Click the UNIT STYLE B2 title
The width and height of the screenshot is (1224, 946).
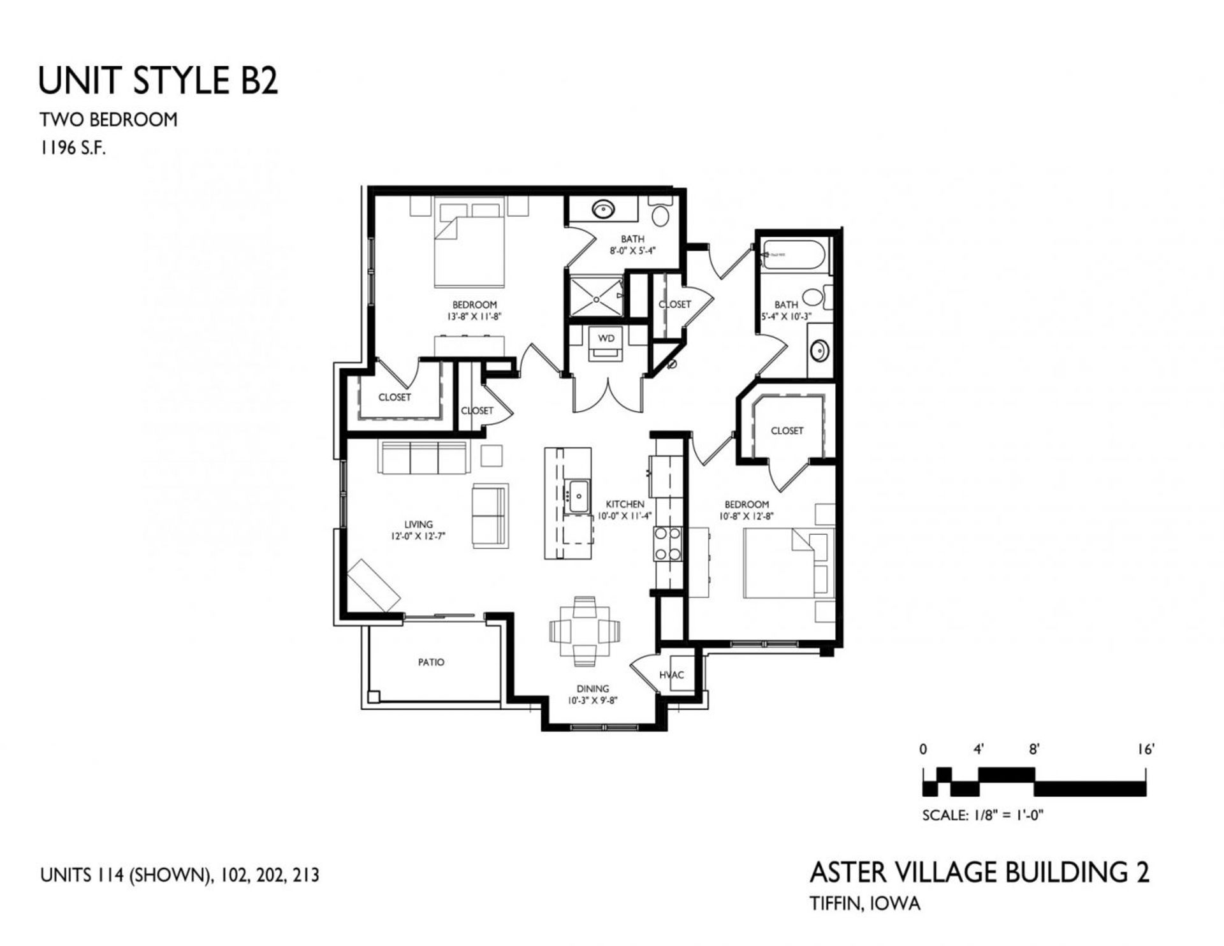pyautogui.click(x=158, y=81)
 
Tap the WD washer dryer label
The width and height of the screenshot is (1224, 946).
pyautogui.click(x=606, y=338)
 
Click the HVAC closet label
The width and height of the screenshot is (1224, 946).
pyautogui.click(x=671, y=675)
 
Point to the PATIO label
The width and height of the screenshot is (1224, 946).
pyautogui.click(x=431, y=662)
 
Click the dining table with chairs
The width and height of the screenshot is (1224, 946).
pyautogui.click(x=585, y=631)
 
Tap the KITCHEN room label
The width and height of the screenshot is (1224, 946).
pyautogui.click(x=624, y=504)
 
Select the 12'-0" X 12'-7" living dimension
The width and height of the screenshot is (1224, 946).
pyautogui.click(x=418, y=537)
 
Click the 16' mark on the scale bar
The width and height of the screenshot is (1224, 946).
pyautogui.click(x=1146, y=750)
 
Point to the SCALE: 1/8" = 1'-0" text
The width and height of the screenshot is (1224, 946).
pyautogui.click(x=982, y=815)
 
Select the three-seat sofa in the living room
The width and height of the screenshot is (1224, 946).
pyautogui.click(x=424, y=457)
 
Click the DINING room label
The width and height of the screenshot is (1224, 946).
pyautogui.click(x=592, y=688)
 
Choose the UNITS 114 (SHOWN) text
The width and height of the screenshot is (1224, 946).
pyautogui.click(x=125, y=875)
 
